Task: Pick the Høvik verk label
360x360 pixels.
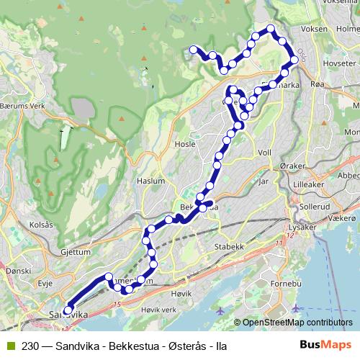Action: click(159, 310)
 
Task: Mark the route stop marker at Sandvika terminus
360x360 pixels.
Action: click(68, 311)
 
